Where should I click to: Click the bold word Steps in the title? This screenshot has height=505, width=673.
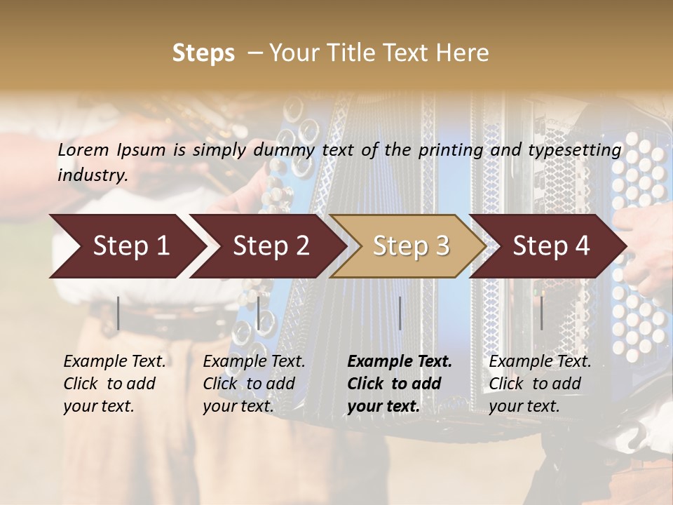(203, 53)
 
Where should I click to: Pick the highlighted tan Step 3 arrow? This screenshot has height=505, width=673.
(411, 245)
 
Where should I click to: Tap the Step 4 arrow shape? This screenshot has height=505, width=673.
(551, 245)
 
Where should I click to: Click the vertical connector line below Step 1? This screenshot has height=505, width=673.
(118, 313)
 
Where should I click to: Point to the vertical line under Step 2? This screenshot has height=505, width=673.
(259, 313)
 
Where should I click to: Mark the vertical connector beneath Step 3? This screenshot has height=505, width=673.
(400, 313)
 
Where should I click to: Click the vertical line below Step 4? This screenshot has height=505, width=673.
(541, 313)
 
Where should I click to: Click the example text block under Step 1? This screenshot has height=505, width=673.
(114, 384)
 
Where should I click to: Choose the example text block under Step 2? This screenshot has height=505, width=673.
(254, 384)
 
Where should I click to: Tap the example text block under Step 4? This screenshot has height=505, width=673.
(540, 384)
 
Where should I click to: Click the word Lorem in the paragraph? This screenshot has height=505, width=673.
(83, 149)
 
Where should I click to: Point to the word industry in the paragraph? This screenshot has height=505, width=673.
(93, 175)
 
